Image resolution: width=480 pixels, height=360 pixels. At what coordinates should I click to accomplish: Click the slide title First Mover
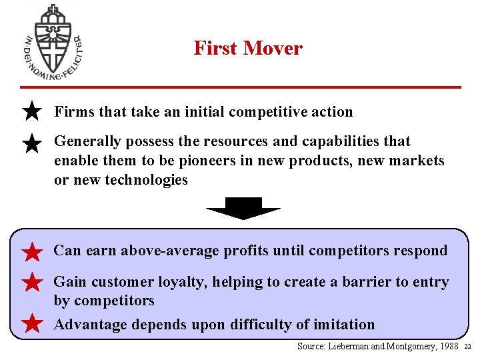pyautogui.click(x=248, y=48)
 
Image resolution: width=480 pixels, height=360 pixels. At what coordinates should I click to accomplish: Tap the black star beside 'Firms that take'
pyautogui.click(x=32, y=111)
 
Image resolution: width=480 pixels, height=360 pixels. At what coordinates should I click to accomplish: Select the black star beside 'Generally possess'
pyautogui.click(x=32, y=143)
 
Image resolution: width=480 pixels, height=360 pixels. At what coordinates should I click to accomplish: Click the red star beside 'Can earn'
pyautogui.click(x=32, y=252)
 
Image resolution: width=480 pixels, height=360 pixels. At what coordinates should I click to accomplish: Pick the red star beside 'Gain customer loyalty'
pyautogui.click(x=32, y=283)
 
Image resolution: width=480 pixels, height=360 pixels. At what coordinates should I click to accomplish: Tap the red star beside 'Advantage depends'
pyautogui.click(x=32, y=325)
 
